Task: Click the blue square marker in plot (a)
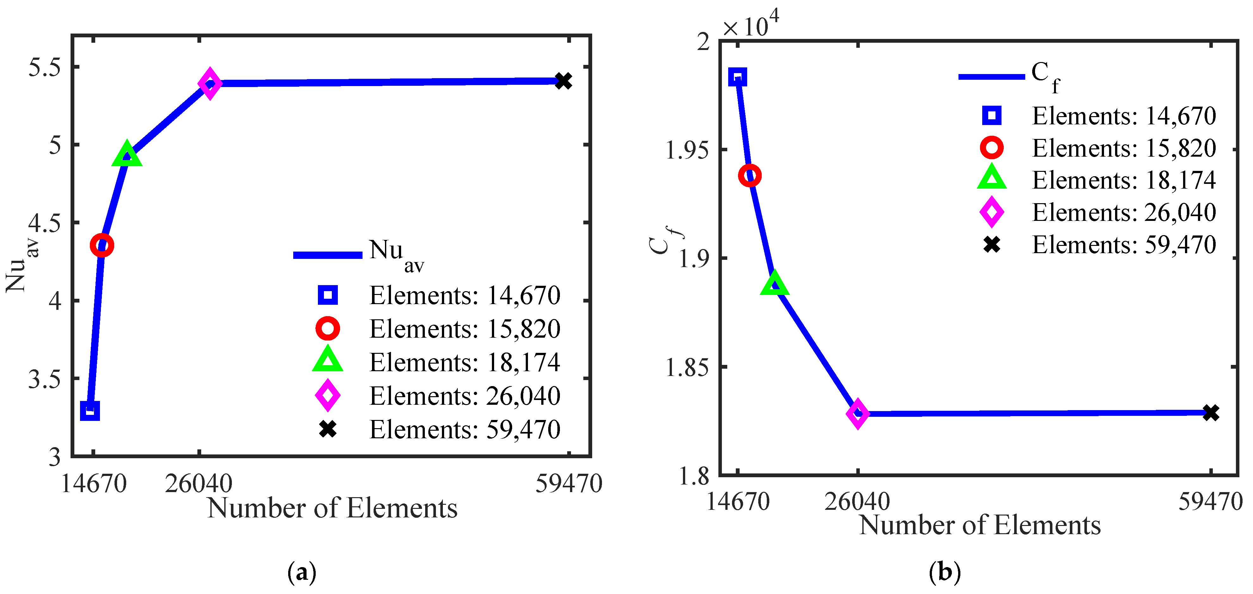(90, 410)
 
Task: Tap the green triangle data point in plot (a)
(127, 156)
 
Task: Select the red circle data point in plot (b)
(750, 176)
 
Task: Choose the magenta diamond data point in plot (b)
(858, 414)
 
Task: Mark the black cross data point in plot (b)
(1211, 413)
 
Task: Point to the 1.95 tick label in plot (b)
(687, 150)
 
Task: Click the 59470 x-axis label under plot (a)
(569, 484)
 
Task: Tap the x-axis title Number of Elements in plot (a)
(332, 508)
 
